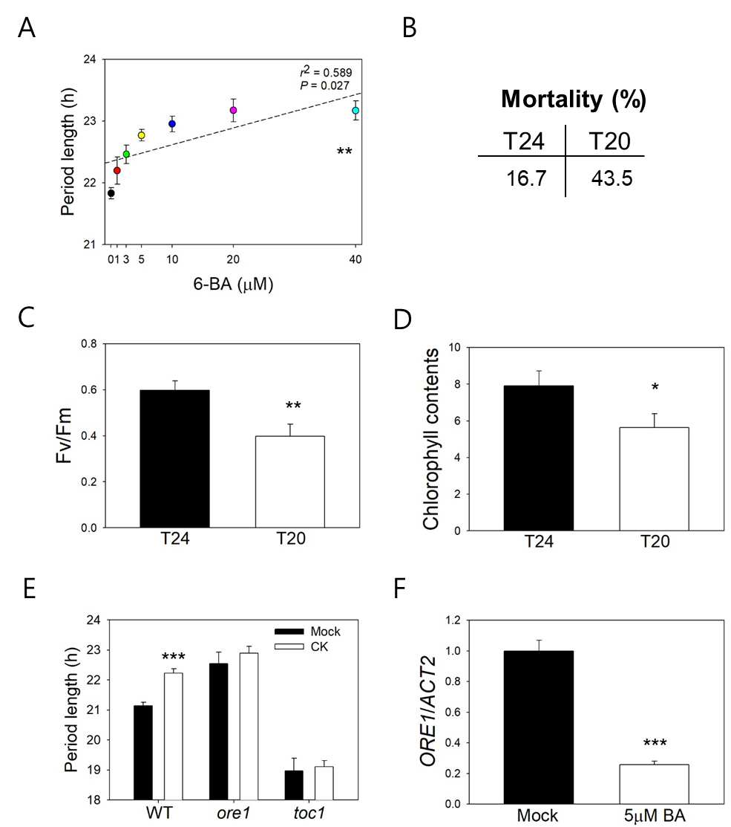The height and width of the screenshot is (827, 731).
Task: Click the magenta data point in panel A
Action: coord(233,110)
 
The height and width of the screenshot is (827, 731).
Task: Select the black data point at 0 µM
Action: coord(111,193)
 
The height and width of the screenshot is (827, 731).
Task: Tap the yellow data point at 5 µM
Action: coord(141,135)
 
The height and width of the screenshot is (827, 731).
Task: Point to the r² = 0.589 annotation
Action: coord(326,72)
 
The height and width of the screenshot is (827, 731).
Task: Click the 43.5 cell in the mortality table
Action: coord(612,178)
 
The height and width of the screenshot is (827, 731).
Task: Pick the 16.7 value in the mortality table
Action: coord(526,178)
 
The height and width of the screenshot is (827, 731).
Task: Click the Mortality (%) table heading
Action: coord(574,99)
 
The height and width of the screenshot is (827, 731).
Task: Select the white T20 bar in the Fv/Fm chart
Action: coord(290,481)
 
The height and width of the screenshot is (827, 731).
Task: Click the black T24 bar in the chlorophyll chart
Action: coord(538,458)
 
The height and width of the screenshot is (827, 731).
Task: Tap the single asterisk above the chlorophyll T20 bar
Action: coord(655,388)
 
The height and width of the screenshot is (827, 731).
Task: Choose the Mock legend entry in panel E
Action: coord(307,632)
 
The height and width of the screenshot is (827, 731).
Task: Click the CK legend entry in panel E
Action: coord(301,646)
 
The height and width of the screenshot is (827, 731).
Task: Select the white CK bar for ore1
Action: coord(249,726)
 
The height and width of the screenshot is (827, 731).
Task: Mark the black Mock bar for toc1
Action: coord(294,785)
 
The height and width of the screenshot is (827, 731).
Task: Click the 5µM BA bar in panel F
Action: coord(654,785)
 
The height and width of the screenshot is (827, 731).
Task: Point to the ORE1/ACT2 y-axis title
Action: coord(428,710)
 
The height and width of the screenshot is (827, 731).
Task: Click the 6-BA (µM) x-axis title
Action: coord(233,284)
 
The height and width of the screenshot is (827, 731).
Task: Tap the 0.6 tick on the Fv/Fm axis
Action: coord(89,390)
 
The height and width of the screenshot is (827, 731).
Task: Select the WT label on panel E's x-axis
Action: coord(159,813)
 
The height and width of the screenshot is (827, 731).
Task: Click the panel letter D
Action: coord(403,319)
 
